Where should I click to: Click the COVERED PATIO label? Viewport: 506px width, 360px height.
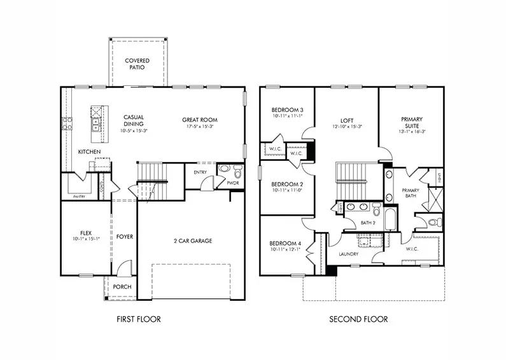[137, 64]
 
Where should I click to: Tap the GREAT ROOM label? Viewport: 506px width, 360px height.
[200, 119]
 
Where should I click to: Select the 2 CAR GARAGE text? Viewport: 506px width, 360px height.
[192, 240]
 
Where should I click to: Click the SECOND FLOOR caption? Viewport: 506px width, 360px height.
[358, 319]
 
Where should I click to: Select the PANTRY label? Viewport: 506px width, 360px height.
[80, 197]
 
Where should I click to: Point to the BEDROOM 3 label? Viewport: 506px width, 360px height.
[287, 109]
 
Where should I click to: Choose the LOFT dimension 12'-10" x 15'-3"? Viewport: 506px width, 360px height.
[347, 126]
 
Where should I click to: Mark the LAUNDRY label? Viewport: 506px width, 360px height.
[348, 254]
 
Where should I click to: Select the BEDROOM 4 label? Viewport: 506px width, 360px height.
[286, 244]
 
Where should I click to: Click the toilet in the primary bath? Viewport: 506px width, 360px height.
[433, 223]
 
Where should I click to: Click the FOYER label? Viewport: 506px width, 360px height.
[125, 237]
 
